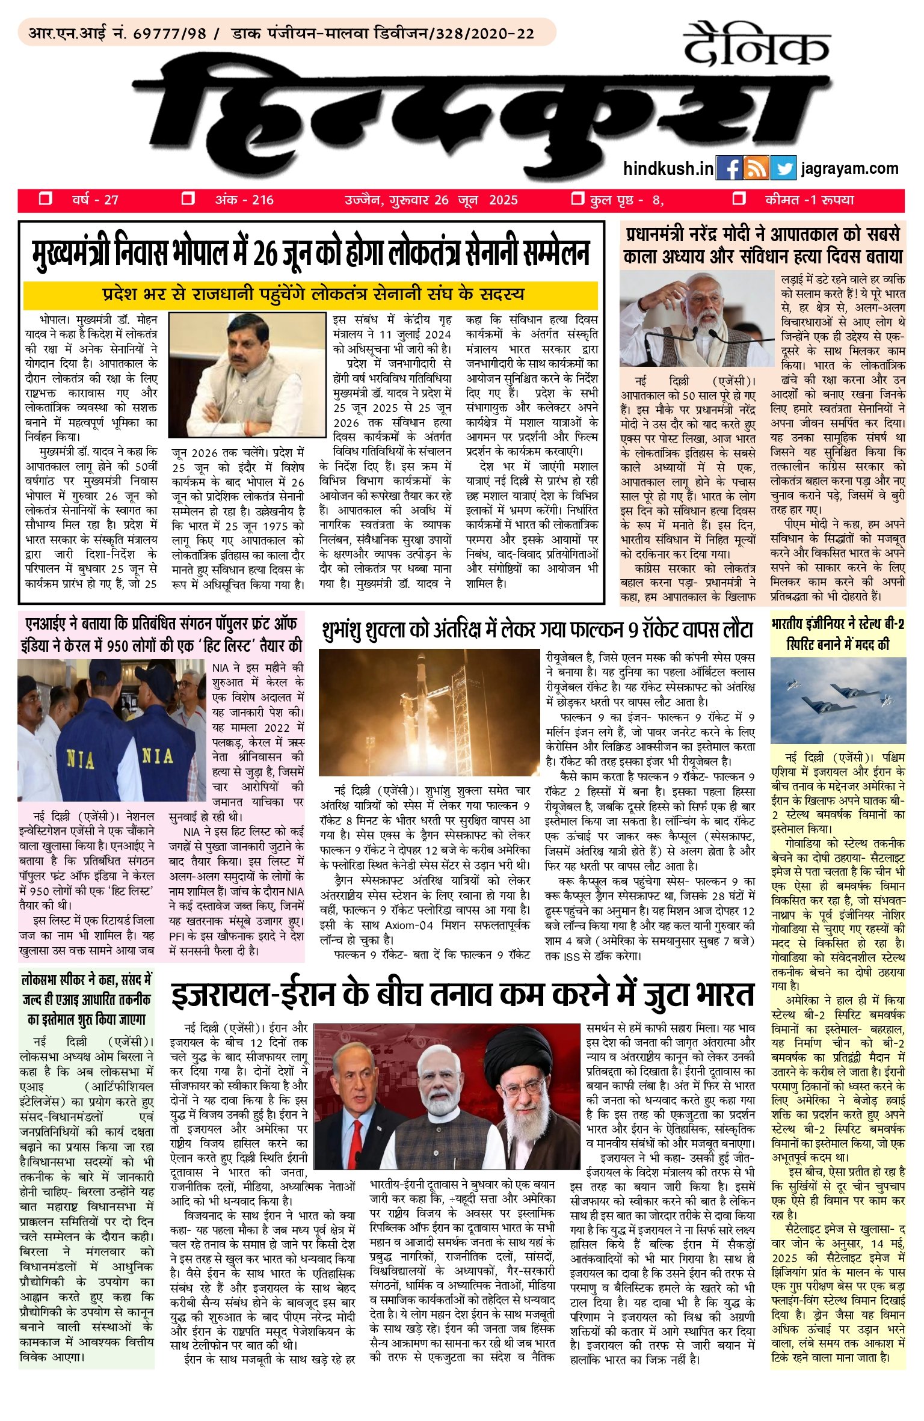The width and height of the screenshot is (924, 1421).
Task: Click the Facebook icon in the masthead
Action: coord(729,168)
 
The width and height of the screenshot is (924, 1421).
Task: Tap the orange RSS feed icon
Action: coord(756,168)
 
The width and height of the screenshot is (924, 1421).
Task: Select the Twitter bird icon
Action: coord(783,168)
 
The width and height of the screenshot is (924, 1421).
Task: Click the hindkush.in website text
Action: coord(668,168)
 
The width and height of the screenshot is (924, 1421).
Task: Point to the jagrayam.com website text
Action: coord(849,168)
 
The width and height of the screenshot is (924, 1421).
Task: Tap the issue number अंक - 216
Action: coord(244,200)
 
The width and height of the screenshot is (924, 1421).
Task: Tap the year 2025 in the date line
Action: coord(503,200)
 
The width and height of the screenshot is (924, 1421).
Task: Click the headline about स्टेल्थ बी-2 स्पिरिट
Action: coord(837,634)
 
